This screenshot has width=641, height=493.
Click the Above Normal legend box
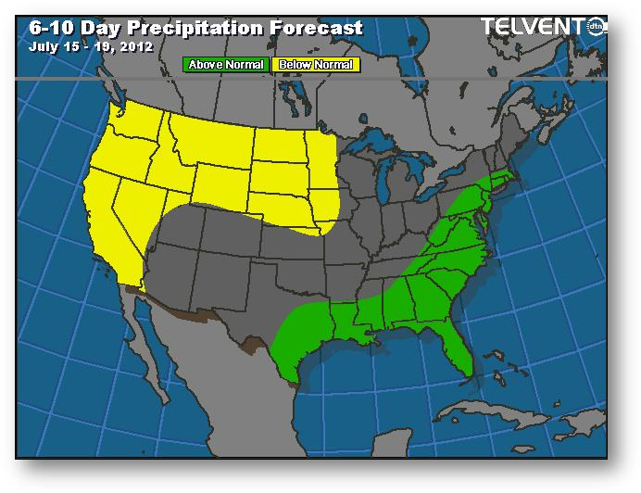point(226,65)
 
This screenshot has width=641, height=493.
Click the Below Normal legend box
point(315,65)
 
